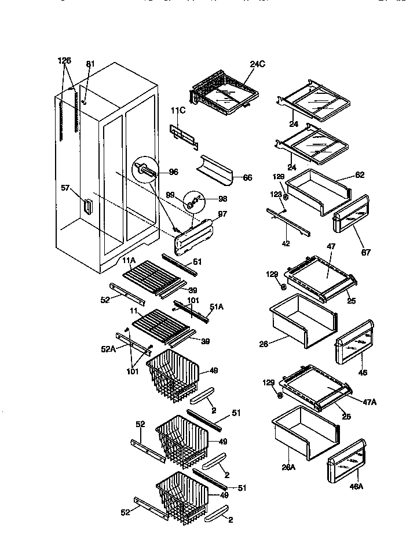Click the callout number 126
[x=64, y=60]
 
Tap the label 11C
[x=178, y=110]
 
